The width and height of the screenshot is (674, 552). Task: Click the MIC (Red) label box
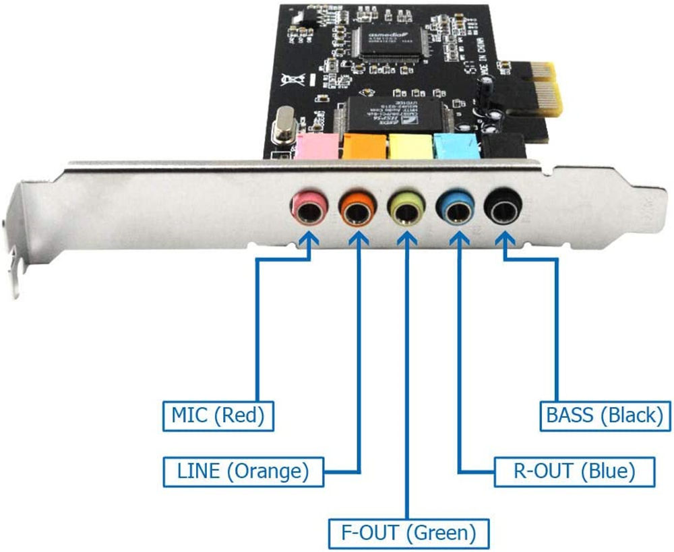pos(218,416)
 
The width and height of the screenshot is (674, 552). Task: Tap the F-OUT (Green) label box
pos(408,533)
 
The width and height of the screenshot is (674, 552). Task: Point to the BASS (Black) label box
pos(605,416)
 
